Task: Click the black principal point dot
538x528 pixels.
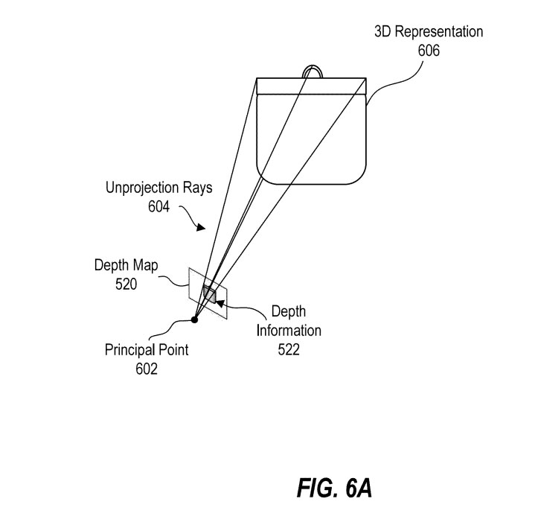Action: point(194,319)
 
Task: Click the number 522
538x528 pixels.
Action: point(287,349)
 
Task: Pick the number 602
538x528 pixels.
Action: point(146,368)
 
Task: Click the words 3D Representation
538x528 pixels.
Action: point(428,33)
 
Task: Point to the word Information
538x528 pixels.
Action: point(288,330)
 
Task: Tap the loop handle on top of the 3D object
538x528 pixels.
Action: point(313,71)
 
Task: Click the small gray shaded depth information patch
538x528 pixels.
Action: point(209,296)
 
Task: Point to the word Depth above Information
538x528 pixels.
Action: point(287,311)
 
